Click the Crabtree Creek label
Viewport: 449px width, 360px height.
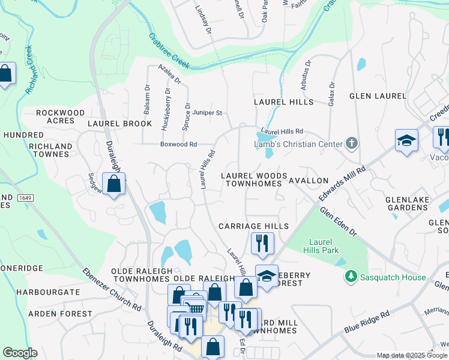click(x=169, y=50)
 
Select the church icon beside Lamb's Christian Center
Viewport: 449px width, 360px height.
click(x=352, y=143)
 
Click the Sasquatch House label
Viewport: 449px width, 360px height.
click(x=393, y=277)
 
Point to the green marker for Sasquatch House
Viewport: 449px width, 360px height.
click(x=351, y=277)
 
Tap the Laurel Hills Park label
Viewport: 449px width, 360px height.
click(x=325, y=246)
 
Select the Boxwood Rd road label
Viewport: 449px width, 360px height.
click(x=178, y=144)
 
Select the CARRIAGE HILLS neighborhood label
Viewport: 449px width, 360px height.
click(x=253, y=226)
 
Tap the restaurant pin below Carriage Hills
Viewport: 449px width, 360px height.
click(x=261, y=243)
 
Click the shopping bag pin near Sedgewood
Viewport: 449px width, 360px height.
click(x=113, y=184)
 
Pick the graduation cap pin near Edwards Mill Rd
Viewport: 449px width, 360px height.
click(x=406, y=142)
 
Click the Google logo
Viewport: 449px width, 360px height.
click(x=20, y=353)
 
